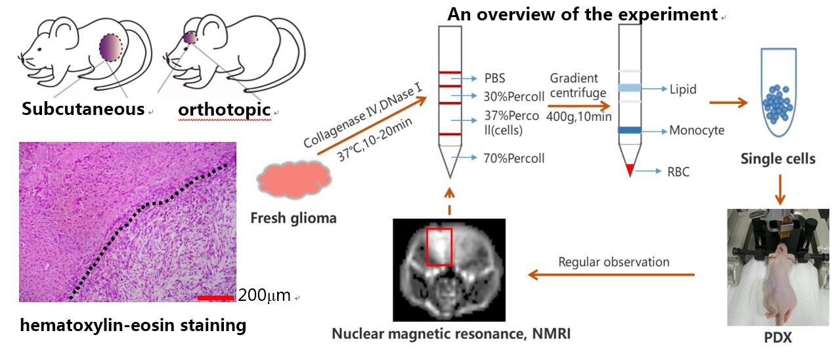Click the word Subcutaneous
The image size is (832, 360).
[83, 109]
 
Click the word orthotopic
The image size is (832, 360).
[224, 110]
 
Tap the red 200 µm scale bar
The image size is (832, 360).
[215, 298]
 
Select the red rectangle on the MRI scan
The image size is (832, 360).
[439, 247]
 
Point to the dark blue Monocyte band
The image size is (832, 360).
[629, 130]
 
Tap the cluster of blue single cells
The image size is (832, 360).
[780, 103]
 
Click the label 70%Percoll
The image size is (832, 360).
[514, 158]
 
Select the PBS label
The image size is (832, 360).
[496, 78]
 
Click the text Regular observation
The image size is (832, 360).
[613, 262]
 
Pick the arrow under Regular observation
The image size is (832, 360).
[611, 275]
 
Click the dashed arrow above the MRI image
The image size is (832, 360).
[449, 201]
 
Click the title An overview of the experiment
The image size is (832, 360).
[583, 14]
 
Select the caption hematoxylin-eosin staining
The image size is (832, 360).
[133, 325]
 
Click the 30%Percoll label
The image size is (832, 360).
[514, 97]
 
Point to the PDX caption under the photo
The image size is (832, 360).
[778, 338]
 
